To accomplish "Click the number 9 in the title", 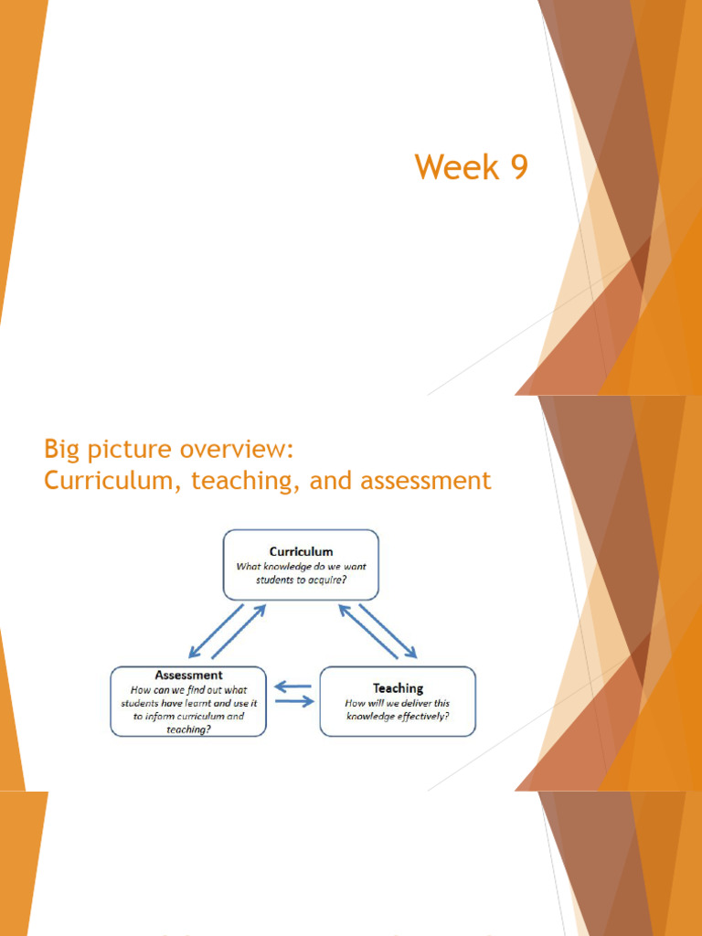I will pyautogui.click(x=518, y=168).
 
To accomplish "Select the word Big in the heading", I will pyautogui.click(x=62, y=450).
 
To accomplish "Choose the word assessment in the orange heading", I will pyautogui.click(x=422, y=480).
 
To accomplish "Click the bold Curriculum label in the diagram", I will pyautogui.click(x=301, y=551).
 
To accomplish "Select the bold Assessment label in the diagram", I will pyautogui.click(x=188, y=675).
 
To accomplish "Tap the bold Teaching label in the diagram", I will pyautogui.click(x=398, y=687).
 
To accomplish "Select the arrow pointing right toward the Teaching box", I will pyautogui.click(x=294, y=701).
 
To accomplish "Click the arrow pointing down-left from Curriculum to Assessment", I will pyautogui.click(x=216, y=629).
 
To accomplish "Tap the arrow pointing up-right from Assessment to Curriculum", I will pyautogui.click(x=239, y=632).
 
